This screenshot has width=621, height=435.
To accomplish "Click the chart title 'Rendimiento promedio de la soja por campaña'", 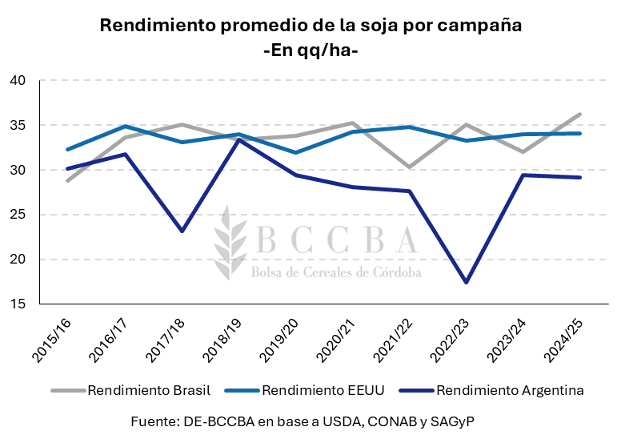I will click(310, 25).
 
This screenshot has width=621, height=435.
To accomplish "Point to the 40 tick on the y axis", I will click(18, 81).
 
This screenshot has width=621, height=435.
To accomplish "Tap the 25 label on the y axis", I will click(18, 215).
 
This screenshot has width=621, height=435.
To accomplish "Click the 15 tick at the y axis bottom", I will click(18, 304).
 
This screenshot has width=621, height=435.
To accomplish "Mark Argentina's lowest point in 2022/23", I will click(466, 283).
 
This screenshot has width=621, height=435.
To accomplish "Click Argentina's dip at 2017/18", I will click(182, 232).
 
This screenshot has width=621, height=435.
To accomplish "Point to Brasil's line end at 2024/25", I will click(579, 114).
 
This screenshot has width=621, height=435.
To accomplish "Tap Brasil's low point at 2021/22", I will click(409, 167).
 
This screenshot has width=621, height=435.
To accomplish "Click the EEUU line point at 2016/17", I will click(125, 126).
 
